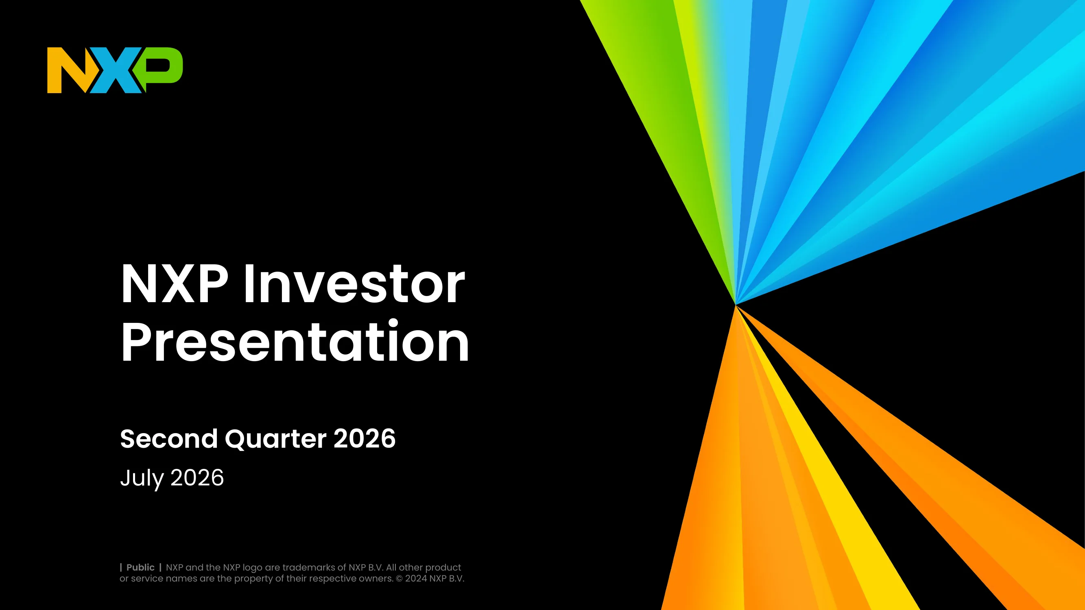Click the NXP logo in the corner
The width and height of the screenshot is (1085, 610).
115,70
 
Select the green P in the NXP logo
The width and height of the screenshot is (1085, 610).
162,68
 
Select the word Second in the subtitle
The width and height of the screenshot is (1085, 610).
169,439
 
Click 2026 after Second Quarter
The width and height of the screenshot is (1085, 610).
365,439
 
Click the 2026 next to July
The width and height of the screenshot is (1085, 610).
197,478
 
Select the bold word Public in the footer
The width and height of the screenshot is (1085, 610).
140,567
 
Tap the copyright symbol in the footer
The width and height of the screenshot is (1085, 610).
399,579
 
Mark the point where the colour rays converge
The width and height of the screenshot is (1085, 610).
736,304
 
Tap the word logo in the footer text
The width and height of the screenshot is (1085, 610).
252,568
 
